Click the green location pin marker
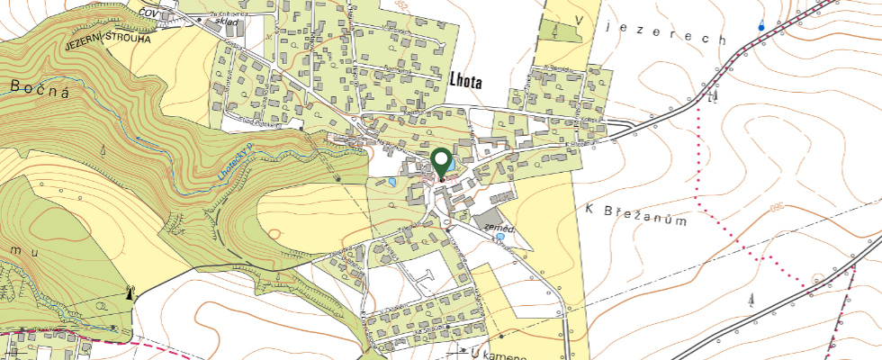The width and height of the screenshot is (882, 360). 441,162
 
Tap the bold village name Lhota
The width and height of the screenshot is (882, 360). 464,81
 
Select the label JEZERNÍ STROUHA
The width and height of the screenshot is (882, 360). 107,40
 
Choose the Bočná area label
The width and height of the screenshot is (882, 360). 40,89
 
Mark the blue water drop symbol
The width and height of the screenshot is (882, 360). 761,26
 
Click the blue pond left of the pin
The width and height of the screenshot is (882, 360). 392,184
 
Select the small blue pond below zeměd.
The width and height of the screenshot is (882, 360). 500,239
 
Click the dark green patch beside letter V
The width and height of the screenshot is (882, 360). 560,30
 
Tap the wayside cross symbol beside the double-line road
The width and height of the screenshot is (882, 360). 713,96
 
